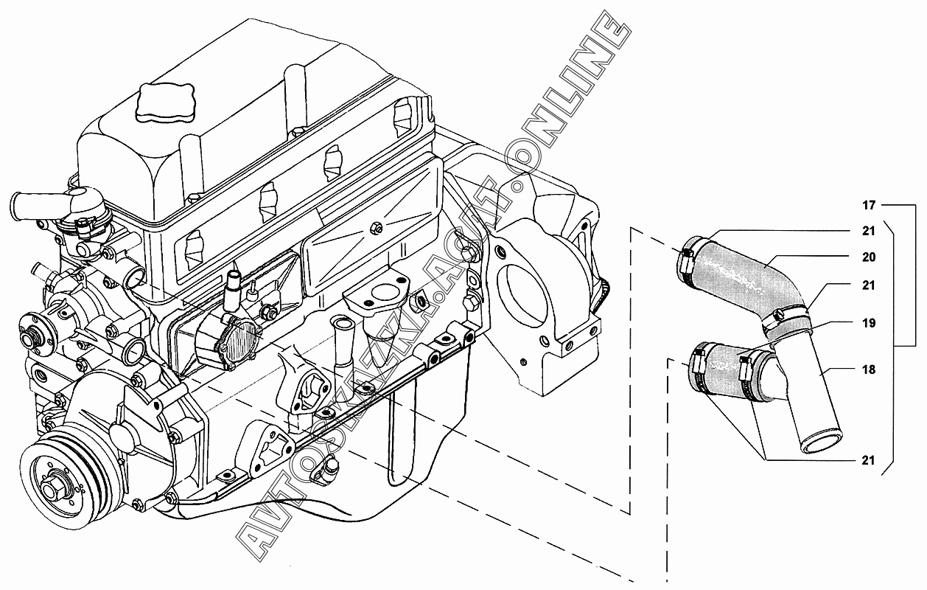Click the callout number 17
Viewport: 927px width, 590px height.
click(x=869, y=205)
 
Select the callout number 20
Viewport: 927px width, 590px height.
click(x=869, y=257)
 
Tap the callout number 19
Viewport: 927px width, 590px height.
click(x=869, y=323)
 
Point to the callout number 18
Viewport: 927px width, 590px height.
click(x=869, y=369)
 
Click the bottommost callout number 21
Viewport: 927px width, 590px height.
click(x=869, y=460)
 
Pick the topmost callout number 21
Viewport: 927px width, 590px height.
click(x=869, y=231)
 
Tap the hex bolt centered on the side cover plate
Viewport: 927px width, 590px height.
click(x=376, y=227)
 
